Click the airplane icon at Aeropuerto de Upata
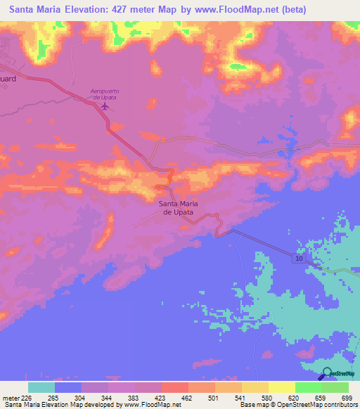[105, 106]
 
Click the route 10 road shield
[300, 259]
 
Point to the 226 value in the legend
[27, 397]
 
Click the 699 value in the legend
[347, 397]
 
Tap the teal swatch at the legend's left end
[41, 387]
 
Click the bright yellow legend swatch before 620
[281, 387]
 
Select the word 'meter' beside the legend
[11, 397]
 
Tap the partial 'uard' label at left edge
[8, 79]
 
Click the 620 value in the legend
[295, 397]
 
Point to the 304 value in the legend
[81, 397]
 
